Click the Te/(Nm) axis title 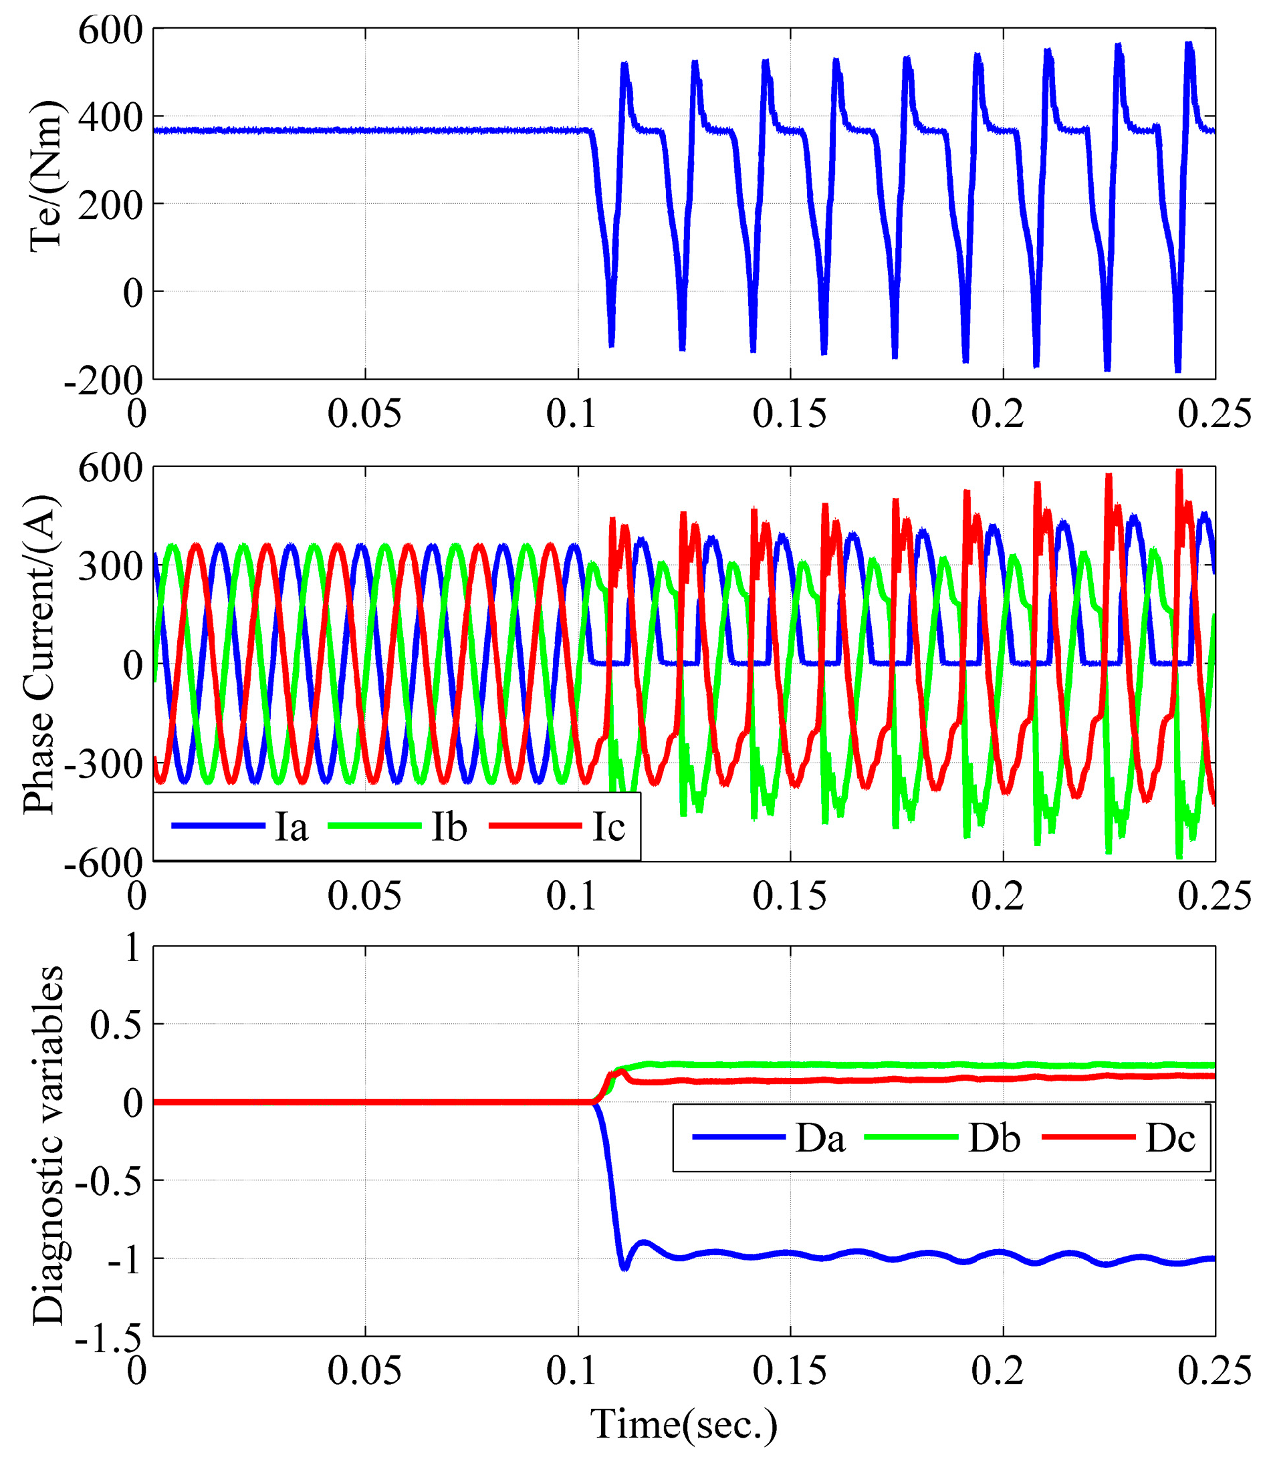tap(45, 176)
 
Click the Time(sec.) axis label tap(684, 1424)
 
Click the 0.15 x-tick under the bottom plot tap(789, 1371)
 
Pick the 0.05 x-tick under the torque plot tap(364, 414)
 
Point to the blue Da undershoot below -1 tap(624, 1267)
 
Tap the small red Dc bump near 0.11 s tap(622, 1072)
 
